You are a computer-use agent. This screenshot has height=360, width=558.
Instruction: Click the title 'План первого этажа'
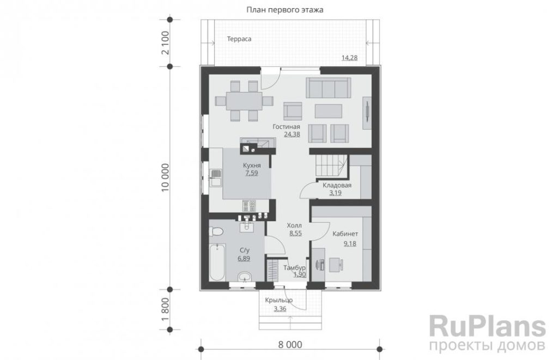coord(284,10)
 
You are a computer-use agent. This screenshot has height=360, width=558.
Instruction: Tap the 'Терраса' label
coord(239,39)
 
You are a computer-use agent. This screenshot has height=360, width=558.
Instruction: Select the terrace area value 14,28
coord(349,58)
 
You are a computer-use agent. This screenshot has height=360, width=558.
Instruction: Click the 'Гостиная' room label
coord(287,127)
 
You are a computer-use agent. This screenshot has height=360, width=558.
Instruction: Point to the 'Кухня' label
coord(252,166)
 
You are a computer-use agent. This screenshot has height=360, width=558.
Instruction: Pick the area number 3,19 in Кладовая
coord(335,193)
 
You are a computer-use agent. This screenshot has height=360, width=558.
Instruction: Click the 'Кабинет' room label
coord(345,234)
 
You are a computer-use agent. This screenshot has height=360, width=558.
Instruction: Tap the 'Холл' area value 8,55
coord(296,234)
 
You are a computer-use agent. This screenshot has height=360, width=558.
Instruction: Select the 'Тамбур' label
coord(294,267)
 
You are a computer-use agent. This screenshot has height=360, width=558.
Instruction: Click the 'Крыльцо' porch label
coord(278,300)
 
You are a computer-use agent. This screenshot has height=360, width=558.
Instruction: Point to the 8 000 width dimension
coord(290,345)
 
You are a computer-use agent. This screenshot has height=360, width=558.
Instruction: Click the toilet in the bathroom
coord(215,232)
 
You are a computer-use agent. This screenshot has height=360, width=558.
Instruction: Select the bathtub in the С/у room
coord(217,262)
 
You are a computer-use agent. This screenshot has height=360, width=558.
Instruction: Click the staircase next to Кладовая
coord(330,166)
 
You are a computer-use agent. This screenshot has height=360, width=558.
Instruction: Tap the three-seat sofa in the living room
coord(327,88)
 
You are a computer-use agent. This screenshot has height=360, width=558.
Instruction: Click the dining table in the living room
coord(244,101)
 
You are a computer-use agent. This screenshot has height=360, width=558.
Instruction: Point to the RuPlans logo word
coord(487,327)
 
